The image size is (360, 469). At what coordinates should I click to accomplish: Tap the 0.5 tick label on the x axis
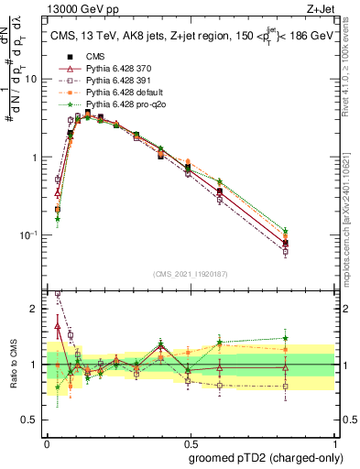[x=190, y=442]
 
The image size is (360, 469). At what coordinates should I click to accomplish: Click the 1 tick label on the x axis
[x=333, y=442]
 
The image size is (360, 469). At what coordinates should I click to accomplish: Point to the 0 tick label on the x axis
[x=47, y=442]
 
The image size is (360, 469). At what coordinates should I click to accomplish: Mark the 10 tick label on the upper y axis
[x=31, y=79]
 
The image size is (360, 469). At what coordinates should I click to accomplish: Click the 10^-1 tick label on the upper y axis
[x=29, y=235]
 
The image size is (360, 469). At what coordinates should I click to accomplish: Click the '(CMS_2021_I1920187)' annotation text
[x=190, y=274]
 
